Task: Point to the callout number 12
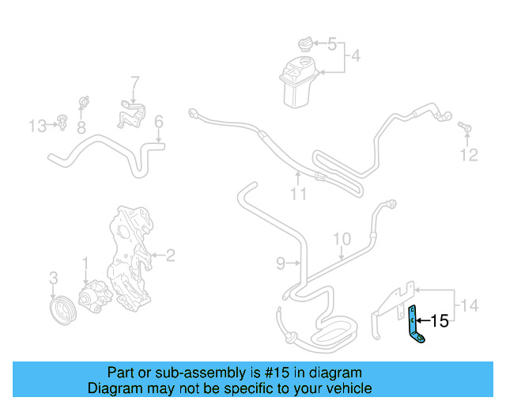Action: pyautogui.click(x=469, y=156)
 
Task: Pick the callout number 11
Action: pyautogui.click(x=297, y=192)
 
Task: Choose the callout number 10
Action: pyautogui.click(x=341, y=238)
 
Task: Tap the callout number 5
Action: pyautogui.click(x=332, y=44)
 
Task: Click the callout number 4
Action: pyautogui.click(x=356, y=56)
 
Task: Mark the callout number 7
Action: pyautogui.click(x=134, y=81)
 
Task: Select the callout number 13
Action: pyautogui.click(x=37, y=126)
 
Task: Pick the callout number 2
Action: pyautogui.click(x=170, y=255)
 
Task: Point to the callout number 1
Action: pyautogui.click(x=85, y=262)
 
